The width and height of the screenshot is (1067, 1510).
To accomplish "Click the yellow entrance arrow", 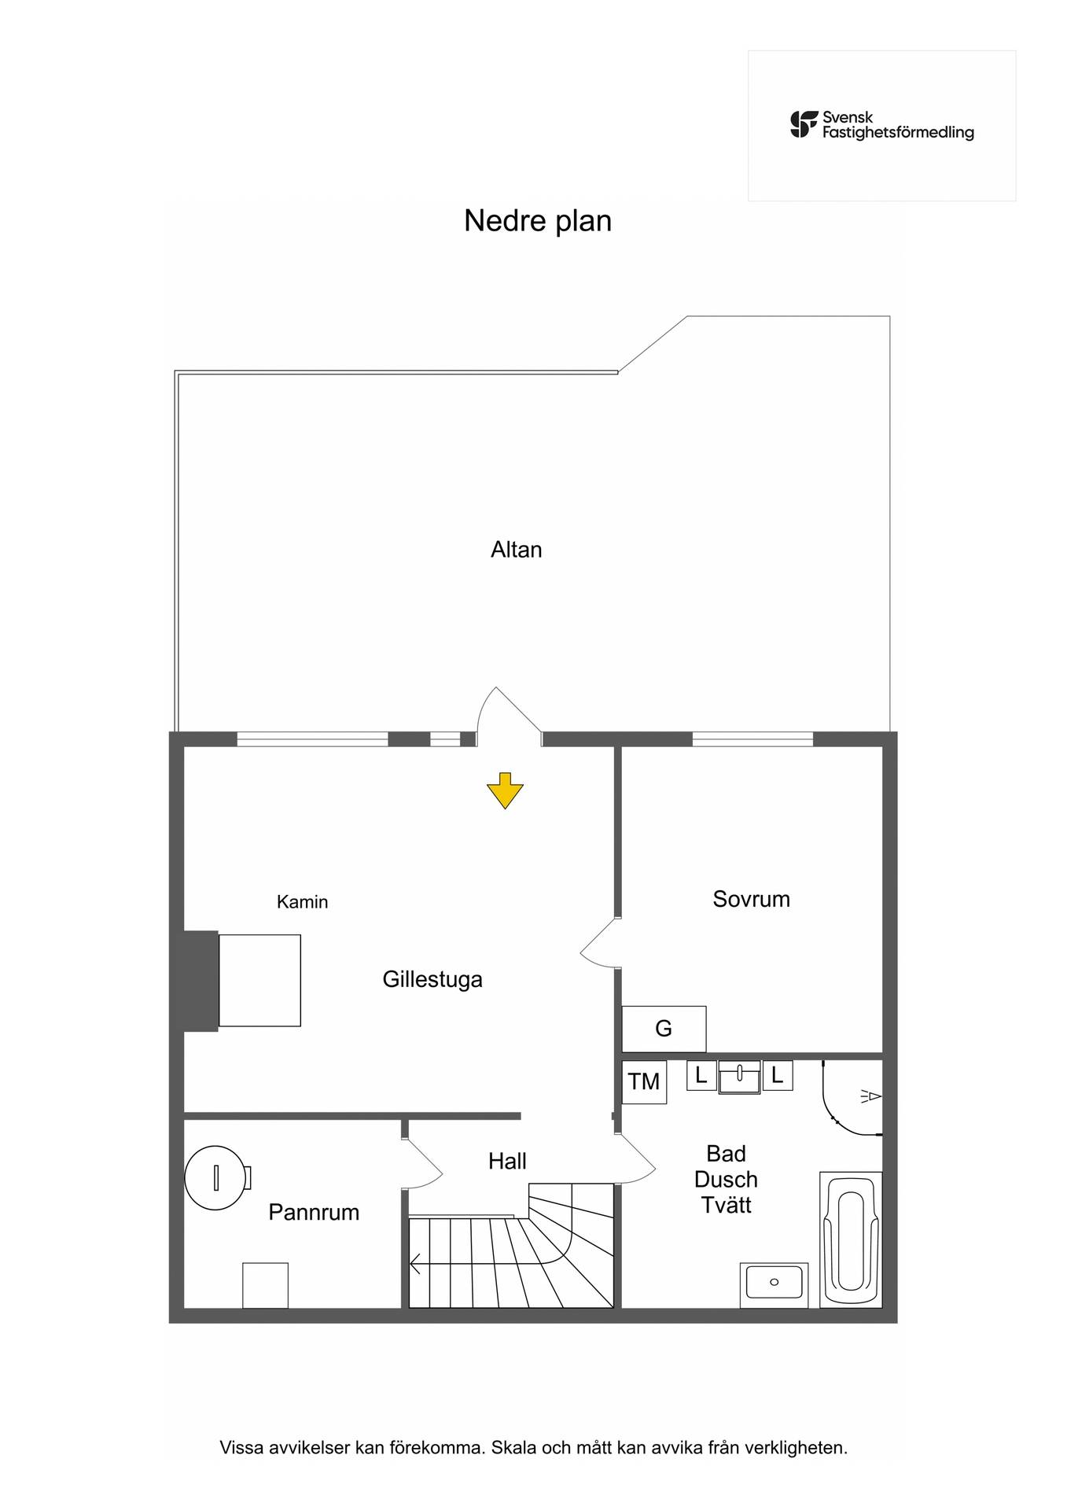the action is coord(505,790).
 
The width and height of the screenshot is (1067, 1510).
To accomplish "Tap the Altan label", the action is coord(517,550).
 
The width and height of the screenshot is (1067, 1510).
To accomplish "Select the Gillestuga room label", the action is coord(432,980).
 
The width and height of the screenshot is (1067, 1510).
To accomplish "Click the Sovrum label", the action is coord(751,899).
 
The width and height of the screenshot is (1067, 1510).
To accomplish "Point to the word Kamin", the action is coord(302,902).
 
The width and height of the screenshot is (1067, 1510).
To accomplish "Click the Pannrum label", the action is coord(314,1212).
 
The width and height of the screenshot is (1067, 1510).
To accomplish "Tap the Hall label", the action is coord(507,1161).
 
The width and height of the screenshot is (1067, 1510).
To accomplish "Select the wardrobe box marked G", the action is coord(664,1029).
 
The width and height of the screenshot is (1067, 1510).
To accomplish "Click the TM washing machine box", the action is coord(644,1082).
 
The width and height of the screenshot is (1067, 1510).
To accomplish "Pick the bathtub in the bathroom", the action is coord(851,1240).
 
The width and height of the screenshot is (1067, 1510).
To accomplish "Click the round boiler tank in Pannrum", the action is coord(216,1177).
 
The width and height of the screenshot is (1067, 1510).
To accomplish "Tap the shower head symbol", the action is coord(872,1096).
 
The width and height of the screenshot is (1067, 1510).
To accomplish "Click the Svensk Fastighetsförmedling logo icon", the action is coord(804,124).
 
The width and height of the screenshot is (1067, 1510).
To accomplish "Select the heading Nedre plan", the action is coord(538,221).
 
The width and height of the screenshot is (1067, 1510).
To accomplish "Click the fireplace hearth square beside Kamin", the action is coord(259,981).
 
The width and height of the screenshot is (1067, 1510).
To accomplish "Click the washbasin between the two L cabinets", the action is coord(740,1077).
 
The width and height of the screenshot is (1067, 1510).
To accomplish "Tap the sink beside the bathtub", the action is coord(774,1285).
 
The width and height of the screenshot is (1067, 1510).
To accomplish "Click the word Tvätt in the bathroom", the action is coord(727,1205).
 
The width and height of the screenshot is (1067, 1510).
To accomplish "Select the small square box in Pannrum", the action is coord(265,1286).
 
